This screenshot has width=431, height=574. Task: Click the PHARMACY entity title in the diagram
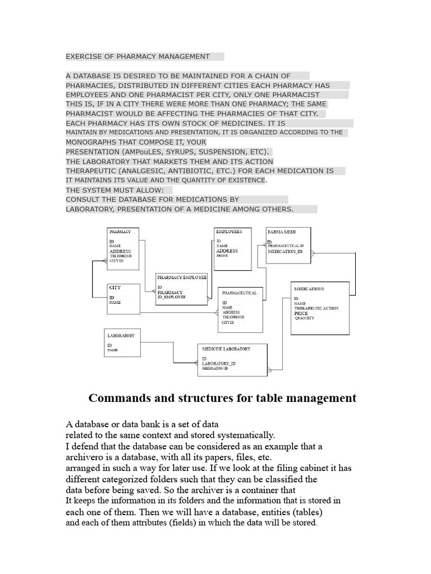click(x=120, y=232)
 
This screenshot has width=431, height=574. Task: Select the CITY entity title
click(x=115, y=288)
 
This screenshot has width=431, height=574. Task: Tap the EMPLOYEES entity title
click(x=229, y=231)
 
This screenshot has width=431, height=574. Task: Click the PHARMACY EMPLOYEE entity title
click(x=182, y=277)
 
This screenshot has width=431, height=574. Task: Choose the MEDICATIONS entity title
click(x=309, y=289)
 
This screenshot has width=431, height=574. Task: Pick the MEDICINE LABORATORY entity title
click(x=226, y=349)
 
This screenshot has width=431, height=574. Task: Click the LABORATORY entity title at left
click(x=121, y=335)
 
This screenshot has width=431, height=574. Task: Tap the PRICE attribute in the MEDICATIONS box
click(x=301, y=313)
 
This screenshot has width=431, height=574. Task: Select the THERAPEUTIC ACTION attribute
click(x=317, y=308)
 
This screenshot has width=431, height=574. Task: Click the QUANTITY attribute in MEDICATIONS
click(x=305, y=318)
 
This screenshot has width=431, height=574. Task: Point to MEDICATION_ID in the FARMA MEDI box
click(x=285, y=252)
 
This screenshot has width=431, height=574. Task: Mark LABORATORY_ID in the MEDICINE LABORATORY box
click(x=219, y=364)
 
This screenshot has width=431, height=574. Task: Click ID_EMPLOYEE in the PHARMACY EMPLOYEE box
click(x=171, y=297)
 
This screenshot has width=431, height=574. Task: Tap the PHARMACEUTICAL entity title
click(x=239, y=293)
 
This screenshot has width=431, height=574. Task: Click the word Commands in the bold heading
click(x=117, y=398)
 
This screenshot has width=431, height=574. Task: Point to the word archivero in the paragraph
click(x=85, y=457)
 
